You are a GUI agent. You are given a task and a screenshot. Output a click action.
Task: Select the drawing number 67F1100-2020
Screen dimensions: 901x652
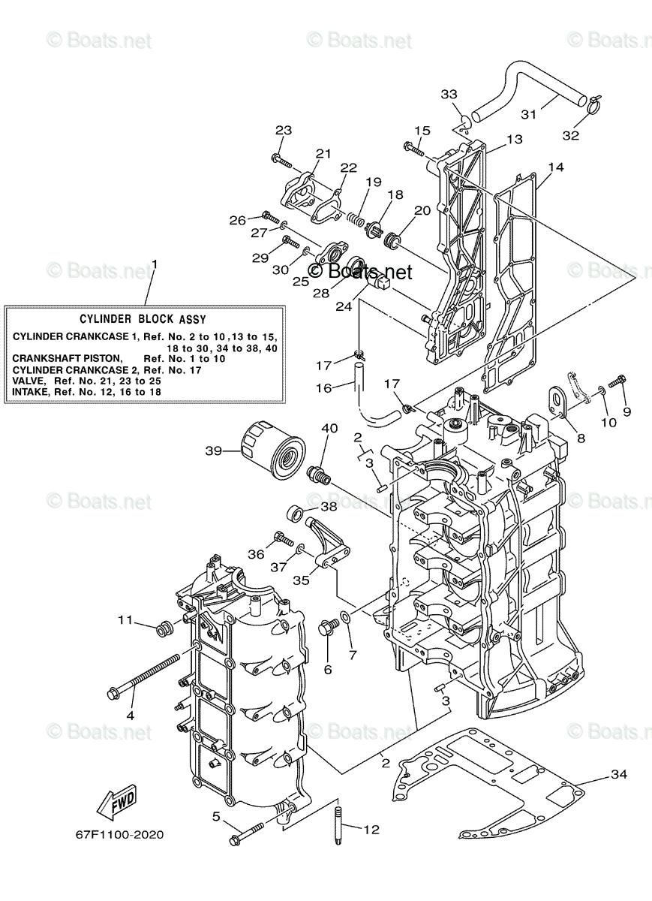click(119, 835)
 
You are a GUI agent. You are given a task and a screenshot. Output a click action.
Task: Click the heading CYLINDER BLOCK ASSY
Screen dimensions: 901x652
click(143, 319)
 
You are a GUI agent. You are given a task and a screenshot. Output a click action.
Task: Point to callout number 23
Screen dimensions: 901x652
click(283, 130)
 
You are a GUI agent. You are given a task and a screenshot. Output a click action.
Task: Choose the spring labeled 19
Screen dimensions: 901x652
click(359, 218)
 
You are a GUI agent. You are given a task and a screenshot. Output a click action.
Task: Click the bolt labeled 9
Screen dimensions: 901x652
click(617, 384)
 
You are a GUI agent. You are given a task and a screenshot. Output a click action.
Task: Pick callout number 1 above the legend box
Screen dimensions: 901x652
click(154, 264)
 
